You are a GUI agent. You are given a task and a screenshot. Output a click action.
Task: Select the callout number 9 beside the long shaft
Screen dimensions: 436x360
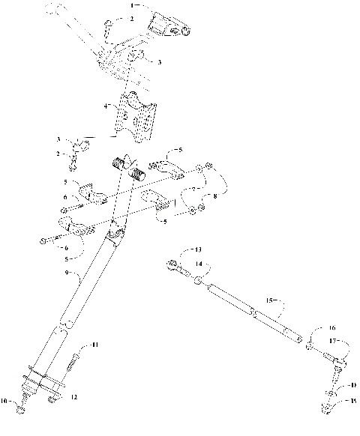pyautogui.click(x=67, y=276)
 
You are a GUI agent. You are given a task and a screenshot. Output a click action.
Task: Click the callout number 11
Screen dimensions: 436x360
pyautogui.click(x=94, y=344)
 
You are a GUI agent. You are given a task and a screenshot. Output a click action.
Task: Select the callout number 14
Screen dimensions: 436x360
pyautogui.click(x=199, y=264)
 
